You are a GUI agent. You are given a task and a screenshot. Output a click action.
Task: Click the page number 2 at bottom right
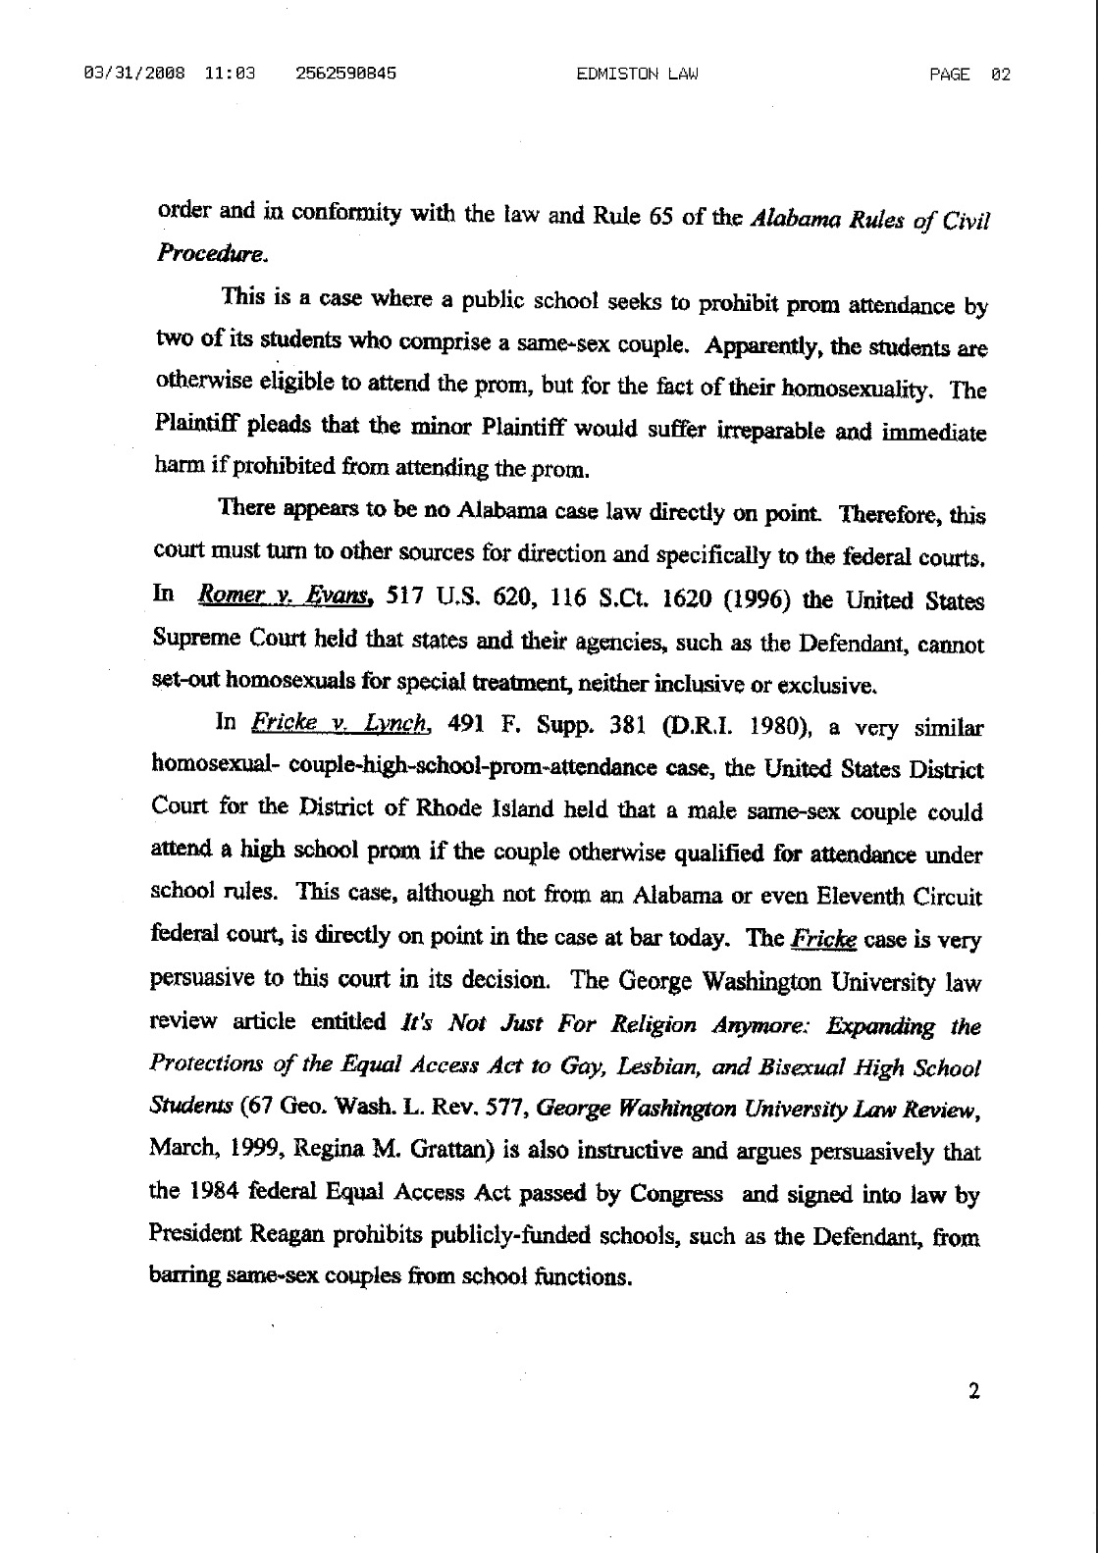point(973,1390)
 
